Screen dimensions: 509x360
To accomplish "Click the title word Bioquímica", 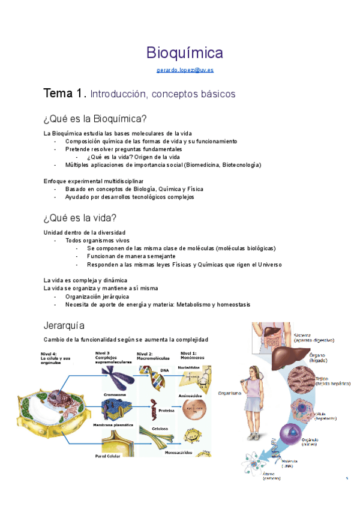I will (185, 53).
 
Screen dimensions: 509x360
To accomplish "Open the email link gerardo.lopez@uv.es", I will (185, 70).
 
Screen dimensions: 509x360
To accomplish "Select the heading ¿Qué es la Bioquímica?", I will (95, 119).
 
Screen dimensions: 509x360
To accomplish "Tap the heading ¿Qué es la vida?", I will (80, 217).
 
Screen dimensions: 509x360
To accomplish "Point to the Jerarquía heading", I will (68, 325).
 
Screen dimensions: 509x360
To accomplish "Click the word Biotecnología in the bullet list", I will (240, 164).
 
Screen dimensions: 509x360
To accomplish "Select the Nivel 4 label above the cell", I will (52, 355).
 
